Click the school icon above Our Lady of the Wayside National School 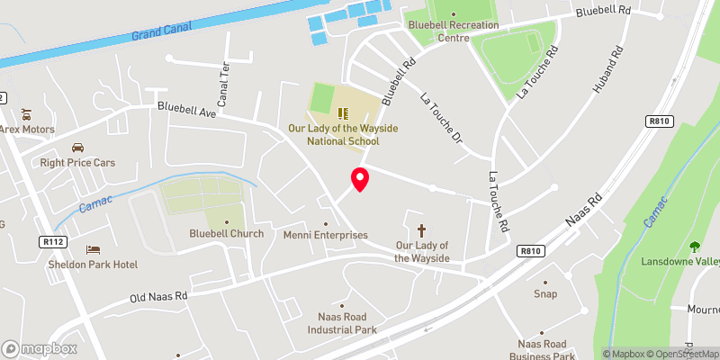tap(342, 113)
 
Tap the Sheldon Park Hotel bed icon tap(92, 249)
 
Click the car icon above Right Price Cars tap(77, 148)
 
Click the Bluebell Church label tap(226, 234)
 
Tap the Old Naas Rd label tap(158, 295)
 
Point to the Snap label tap(544, 293)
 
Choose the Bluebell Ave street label tap(187, 111)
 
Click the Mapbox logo tap(40, 348)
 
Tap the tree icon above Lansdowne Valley tap(694, 247)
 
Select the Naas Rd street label tap(583, 210)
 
